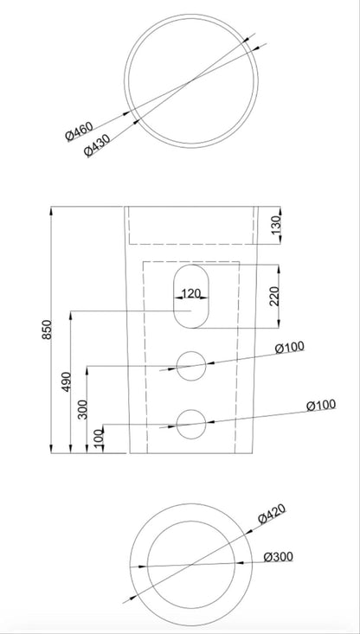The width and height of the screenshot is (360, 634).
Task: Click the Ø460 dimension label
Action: click(x=80, y=131)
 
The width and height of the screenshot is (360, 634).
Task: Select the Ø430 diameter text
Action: click(x=97, y=145)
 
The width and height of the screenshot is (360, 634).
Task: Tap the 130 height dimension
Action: click(x=275, y=226)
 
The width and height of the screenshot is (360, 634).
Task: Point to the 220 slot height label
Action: click(x=273, y=297)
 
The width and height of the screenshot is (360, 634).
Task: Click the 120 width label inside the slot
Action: click(x=191, y=293)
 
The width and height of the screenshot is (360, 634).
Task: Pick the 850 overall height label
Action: click(x=47, y=330)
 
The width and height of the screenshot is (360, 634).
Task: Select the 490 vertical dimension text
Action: click(x=67, y=381)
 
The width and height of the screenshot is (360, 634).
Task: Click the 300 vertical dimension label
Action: click(x=82, y=409)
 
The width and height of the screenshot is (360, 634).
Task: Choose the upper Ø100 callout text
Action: click(x=290, y=347)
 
